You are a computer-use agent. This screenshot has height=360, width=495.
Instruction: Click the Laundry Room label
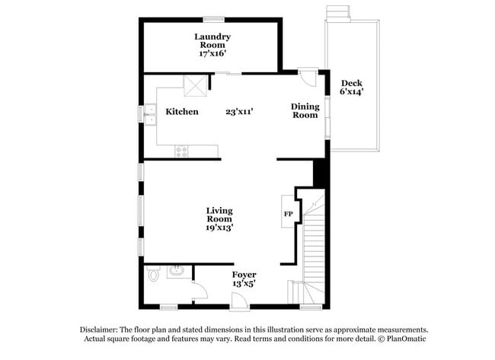point(212,41)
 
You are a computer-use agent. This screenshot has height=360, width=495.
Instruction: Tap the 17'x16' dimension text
point(212,55)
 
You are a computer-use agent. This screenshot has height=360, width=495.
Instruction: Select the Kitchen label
point(182,112)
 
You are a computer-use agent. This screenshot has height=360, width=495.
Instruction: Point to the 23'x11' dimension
point(239,112)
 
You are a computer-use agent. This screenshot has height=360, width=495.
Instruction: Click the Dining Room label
point(305,111)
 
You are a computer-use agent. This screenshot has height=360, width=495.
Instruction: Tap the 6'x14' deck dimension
point(351,92)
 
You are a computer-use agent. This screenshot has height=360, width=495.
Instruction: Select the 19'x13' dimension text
point(219,227)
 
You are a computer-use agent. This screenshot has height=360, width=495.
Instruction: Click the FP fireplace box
point(289,214)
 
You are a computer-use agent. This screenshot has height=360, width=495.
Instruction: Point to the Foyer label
point(244,274)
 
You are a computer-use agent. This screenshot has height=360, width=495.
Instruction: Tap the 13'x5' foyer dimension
point(244,283)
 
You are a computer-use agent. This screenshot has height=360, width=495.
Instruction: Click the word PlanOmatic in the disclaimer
point(407,338)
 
